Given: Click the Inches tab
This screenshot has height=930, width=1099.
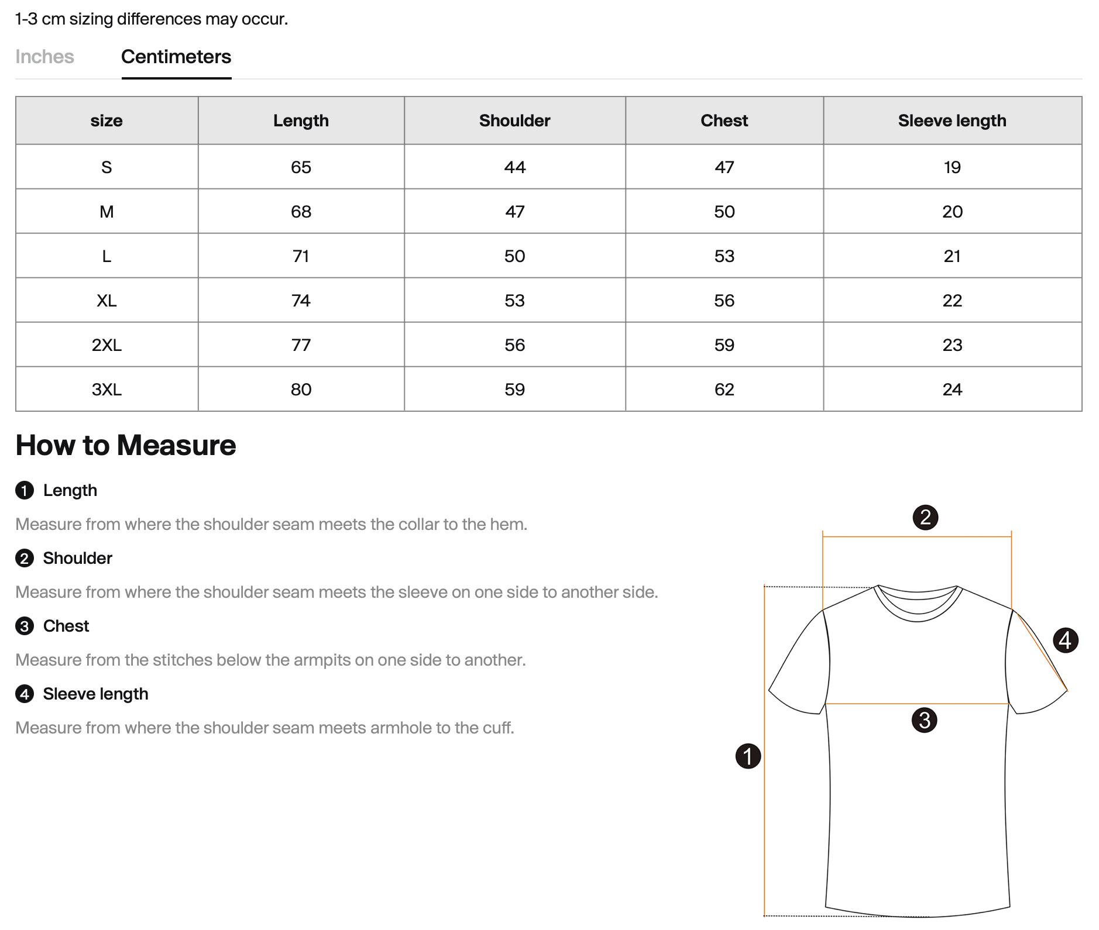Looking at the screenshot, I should [44, 57].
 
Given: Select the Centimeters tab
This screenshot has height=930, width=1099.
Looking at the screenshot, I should [176, 57].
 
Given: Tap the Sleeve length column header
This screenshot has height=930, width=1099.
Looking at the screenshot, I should [952, 120].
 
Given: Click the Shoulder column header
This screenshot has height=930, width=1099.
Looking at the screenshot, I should [514, 120].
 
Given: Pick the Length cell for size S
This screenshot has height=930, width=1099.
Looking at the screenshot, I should [301, 167].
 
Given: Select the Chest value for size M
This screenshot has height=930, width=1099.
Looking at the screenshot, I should [724, 212].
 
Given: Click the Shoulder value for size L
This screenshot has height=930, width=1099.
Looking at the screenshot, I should [514, 256].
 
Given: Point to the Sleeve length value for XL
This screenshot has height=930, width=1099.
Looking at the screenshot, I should [952, 301].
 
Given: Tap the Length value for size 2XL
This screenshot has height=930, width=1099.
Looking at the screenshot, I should [301, 345].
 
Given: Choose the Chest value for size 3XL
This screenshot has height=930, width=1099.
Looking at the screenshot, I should [724, 390].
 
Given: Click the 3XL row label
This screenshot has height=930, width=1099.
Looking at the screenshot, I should [107, 390].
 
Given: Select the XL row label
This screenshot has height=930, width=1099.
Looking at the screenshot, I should [107, 301].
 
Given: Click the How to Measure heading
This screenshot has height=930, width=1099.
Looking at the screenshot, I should [126, 445].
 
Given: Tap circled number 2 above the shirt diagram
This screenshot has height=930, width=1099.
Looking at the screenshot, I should [925, 518].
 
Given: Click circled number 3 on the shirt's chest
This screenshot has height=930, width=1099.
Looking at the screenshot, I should [924, 720].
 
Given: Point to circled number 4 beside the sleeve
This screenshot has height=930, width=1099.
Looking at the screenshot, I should [1065, 640].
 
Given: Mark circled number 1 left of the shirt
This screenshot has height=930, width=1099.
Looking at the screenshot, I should [748, 756].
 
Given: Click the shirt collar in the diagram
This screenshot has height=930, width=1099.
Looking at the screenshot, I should [917, 602].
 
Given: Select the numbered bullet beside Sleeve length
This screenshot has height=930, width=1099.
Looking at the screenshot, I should [24, 694].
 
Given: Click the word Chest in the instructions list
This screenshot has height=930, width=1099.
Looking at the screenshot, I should [66, 626].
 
